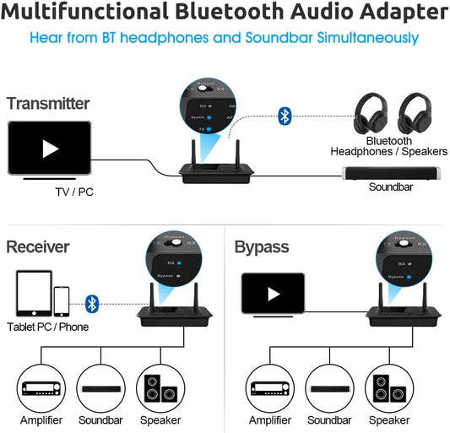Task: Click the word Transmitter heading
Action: [48, 103]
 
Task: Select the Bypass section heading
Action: [262, 247]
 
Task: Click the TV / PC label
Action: [74, 192]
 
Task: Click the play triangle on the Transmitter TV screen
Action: [51, 149]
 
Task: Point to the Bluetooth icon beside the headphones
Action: [284, 116]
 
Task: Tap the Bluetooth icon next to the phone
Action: [93, 302]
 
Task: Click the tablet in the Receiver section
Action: [31, 295]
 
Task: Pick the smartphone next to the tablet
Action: [62, 300]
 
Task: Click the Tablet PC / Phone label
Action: [47, 327]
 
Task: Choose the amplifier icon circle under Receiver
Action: [40, 387]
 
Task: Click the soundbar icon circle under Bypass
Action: [328, 387]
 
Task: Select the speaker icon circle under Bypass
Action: [388, 387]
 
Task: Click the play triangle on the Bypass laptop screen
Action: [273, 294]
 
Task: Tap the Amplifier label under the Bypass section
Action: [269, 419]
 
